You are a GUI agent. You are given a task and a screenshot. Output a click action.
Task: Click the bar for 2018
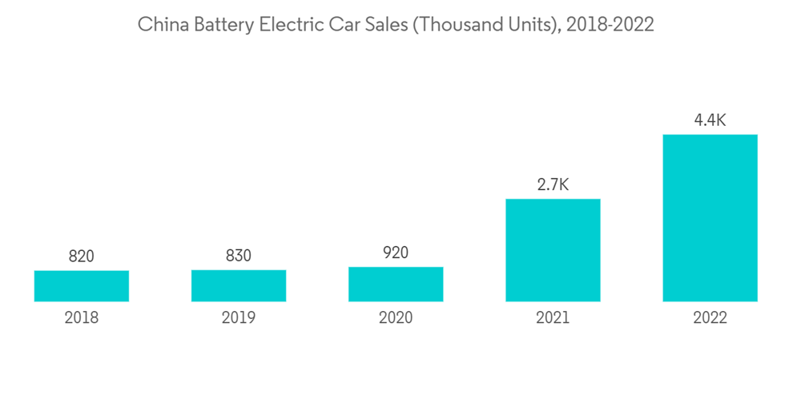tap(82, 286)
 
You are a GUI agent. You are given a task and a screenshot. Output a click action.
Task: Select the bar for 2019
tap(239, 285)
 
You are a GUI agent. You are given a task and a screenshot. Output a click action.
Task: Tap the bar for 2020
tap(396, 284)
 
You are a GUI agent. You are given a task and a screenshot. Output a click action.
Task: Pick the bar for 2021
tap(553, 250)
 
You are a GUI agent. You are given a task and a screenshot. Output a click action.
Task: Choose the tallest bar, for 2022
tap(710, 218)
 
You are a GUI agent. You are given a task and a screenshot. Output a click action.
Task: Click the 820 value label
tap(82, 257)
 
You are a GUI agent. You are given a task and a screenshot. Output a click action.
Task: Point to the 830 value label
tap(239, 256)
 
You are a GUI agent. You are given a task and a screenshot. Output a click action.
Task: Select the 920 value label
tap(396, 252)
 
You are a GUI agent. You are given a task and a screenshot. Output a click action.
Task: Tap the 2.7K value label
tap(553, 185)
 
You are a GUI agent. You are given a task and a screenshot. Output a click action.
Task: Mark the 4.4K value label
tap(710, 120)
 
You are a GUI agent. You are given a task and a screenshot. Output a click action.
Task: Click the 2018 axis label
tap(82, 318)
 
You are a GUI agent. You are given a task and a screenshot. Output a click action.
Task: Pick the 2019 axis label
tap(239, 318)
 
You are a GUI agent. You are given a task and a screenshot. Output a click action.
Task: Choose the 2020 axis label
tap(396, 318)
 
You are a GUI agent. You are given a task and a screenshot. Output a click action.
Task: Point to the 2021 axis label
tap(553, 318)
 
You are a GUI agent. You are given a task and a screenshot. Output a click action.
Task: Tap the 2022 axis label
tap(710, 318)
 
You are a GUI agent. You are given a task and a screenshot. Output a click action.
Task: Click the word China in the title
tap(160, 25)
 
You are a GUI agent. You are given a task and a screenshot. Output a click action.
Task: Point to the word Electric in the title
tap(291, 25)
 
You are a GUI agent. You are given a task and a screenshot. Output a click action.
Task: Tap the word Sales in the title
tap(387, 25)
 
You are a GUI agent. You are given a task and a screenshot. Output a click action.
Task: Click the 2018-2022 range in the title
tap(610, 25)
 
